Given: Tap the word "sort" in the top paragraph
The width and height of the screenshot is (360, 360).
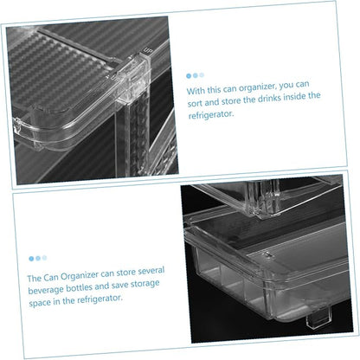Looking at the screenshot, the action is coord(195,103).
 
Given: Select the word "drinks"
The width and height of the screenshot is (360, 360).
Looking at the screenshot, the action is coord(269,99).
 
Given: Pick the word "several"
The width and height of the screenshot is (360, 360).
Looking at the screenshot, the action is coord(151,271).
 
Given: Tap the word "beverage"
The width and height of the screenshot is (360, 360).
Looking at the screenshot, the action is coord(46,290).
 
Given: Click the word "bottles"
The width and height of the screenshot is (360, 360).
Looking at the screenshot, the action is coord(80,287).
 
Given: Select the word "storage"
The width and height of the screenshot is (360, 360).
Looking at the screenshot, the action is coord(145,285).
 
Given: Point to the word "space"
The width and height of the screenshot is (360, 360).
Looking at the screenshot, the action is coord(39,303).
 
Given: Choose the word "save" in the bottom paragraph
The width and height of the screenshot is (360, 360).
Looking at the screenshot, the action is coord(119,286).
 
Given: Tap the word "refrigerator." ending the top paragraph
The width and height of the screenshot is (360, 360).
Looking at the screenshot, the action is coord(210,115).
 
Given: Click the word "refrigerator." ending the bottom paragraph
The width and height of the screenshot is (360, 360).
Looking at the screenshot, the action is coord(100,299).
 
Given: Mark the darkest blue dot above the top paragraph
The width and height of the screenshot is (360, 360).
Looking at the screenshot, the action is coord(189,76).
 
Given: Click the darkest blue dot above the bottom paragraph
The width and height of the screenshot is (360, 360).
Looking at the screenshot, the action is coord(31,259).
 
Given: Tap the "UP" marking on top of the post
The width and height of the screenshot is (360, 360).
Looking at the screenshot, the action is coord(147,51).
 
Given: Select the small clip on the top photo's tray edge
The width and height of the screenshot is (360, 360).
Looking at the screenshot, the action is coord(17,126).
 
